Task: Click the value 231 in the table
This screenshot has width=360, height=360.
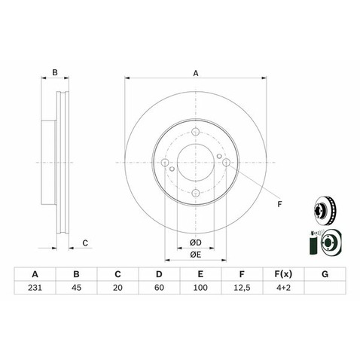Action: [35, 288]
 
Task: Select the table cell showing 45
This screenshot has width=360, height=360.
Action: [76, 288]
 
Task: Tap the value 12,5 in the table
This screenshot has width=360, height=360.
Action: [242, 288]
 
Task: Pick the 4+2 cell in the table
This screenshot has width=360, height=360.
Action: [283, 288]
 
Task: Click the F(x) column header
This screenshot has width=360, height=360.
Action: [283, 274]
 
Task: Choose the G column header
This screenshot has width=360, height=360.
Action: [325, 274]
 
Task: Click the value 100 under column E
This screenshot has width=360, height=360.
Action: [200, 288]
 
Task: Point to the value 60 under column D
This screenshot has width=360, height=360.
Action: [159, 288]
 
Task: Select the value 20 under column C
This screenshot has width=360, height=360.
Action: [117, 288]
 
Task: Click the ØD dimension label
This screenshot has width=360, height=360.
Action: [196, 243]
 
